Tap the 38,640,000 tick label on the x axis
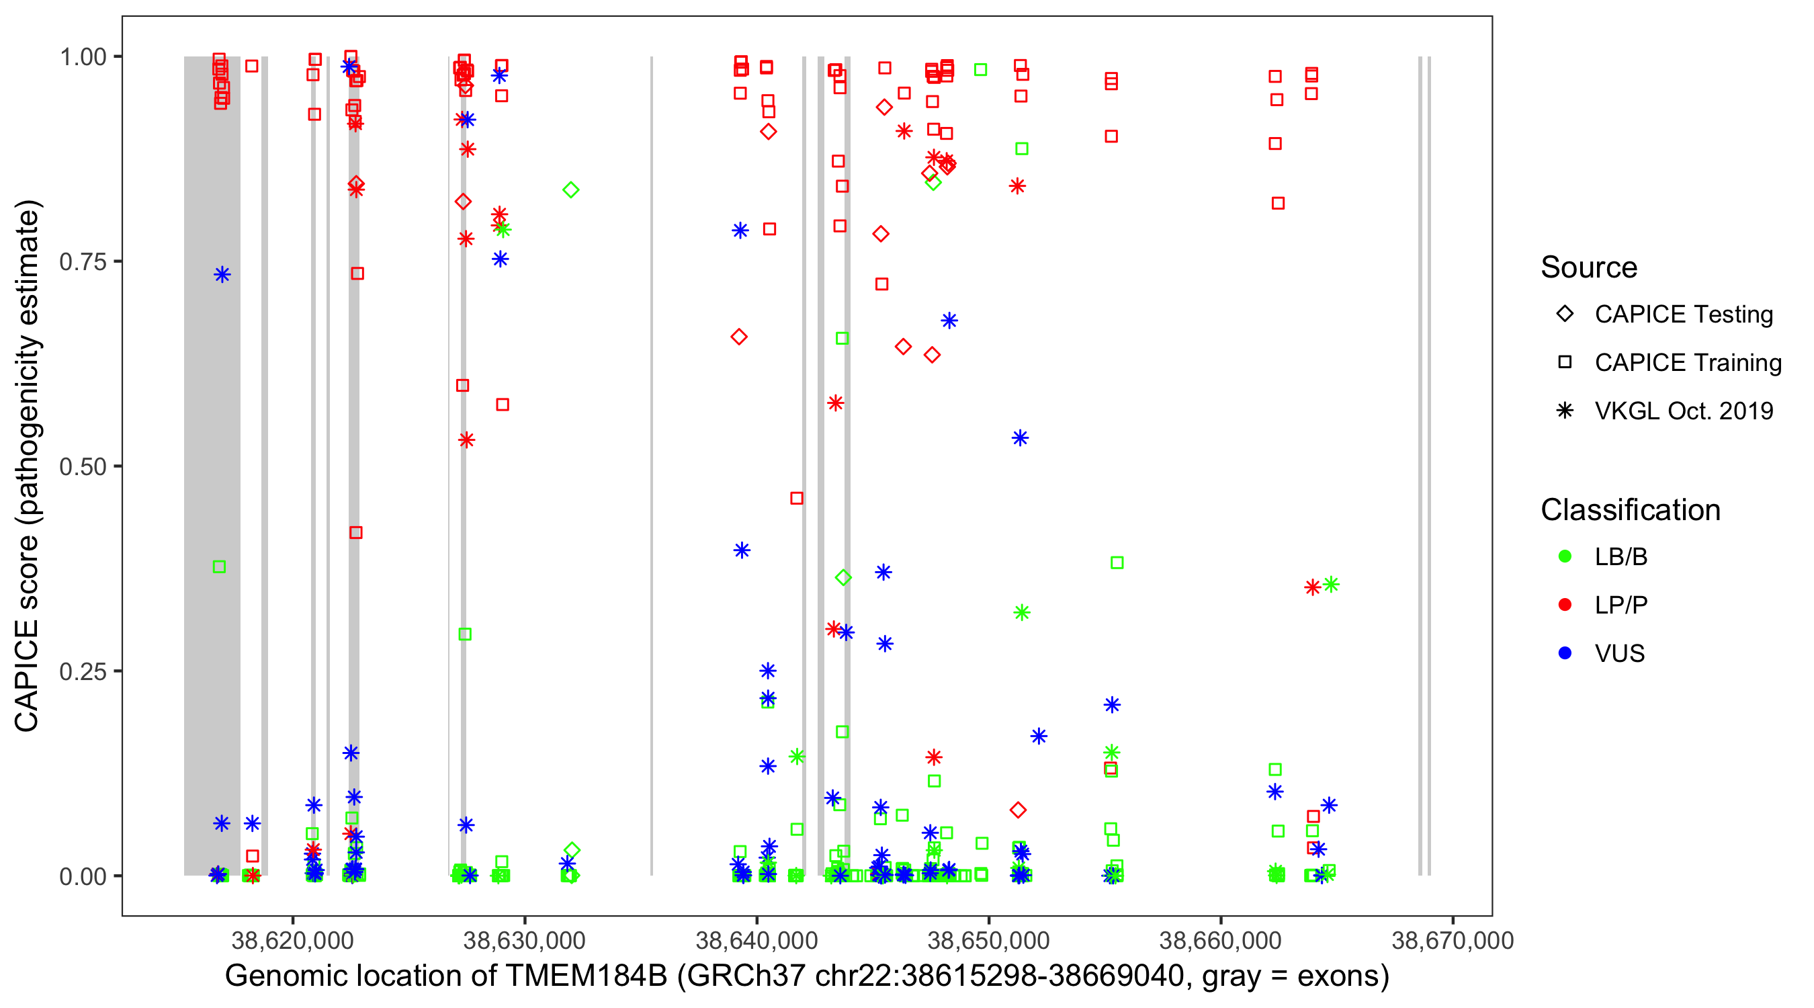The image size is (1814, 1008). [757, 940]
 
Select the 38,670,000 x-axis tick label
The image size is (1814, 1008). [1452, 940]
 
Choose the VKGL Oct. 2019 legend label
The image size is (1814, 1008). [1684, 411]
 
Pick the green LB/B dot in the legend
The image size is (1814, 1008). [1565, 556]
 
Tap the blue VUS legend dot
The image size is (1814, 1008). [1565, 653]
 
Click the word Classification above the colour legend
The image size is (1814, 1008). [1630, 510]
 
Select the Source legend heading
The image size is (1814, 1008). [1589, 267]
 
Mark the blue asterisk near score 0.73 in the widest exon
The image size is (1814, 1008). [222, 275]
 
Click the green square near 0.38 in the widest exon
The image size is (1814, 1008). [219, 567]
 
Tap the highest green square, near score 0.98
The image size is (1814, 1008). [980, 70]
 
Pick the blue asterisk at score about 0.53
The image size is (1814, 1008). [1020, 438]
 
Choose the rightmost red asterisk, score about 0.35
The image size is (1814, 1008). [1312, 587]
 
